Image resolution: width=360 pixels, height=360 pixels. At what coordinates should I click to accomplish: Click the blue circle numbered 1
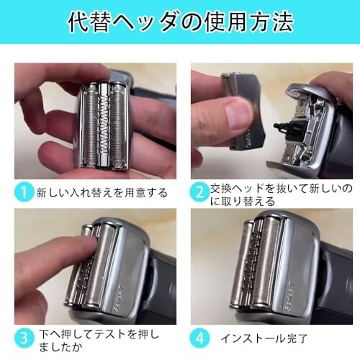click(24, 192)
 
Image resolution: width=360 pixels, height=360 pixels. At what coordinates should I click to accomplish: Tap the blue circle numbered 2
click(199, 192)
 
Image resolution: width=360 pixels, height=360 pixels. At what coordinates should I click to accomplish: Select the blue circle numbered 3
click(24, 338)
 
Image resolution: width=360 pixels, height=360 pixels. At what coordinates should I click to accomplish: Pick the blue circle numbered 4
click(199, 338)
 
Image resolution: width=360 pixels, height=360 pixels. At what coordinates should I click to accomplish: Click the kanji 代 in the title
click(78, 22)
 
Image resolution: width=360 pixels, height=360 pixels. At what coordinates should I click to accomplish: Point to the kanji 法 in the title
click(282, 22)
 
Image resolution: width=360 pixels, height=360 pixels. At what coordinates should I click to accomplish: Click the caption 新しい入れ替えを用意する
click(102, 193)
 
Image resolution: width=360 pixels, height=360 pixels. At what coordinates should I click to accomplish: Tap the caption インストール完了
click(264, 338)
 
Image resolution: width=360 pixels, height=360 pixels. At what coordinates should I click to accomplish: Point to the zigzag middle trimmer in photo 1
click(104, 125)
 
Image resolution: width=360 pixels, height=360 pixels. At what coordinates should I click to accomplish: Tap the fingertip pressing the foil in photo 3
click(90, 243)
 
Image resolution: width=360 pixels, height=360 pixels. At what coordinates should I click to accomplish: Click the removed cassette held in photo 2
click(243, 110)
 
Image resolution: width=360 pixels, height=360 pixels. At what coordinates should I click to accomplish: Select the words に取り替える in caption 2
click(243, 201)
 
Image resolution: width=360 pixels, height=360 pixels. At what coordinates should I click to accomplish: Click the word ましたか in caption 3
click(60, 347)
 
